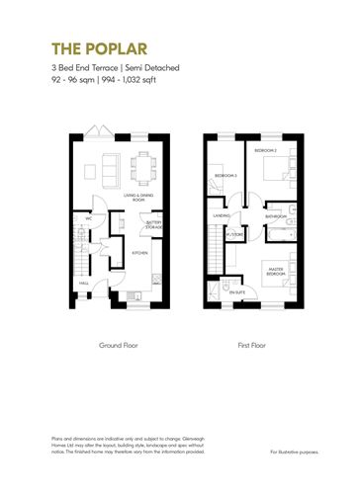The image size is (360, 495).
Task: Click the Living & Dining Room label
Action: tap(139, 199)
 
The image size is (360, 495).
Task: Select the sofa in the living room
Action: tap(109, 163)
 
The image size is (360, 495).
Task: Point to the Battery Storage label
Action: tap(154, 225)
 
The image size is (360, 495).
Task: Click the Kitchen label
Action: tap(140, 253)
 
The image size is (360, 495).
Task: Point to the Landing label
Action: tap(222, 214)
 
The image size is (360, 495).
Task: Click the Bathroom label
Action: tap(275, 217)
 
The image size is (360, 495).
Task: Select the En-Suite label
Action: tap(238, 292)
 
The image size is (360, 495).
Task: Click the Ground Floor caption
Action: tap(117, 346)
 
